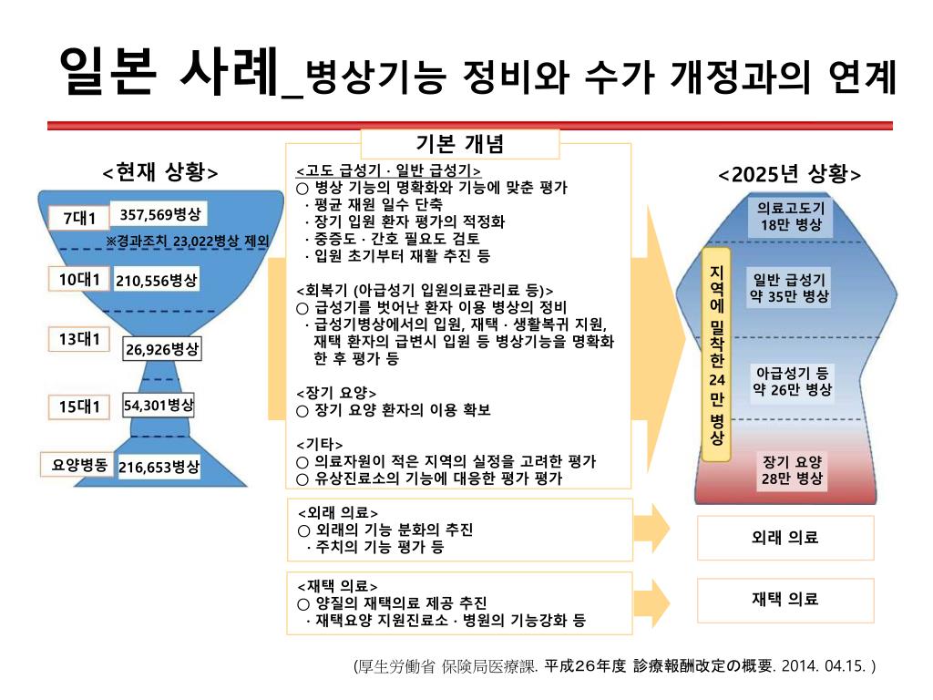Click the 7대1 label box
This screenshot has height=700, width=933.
[x=79, y=219]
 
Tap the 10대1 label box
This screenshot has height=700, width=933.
[x=79, y=280]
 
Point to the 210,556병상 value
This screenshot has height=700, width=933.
[x=157, y=281]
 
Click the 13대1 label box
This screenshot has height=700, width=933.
[x=79, y=340]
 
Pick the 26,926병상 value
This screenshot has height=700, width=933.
[x=163, y=349]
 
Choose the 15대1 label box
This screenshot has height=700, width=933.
[x=79, y=407]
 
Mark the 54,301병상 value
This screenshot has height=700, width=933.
[x=159, y=406]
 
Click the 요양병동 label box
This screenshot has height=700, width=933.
[x=79, y=465]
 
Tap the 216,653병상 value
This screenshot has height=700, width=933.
[x=159, y=467]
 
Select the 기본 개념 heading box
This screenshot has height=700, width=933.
[x=460, y=144]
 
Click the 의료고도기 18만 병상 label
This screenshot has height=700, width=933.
[x=791, y=216]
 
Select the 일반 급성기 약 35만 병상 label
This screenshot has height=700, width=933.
[x=789, y=288]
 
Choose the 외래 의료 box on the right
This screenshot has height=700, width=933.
[x=784, y=538]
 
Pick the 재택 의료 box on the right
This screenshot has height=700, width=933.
[x=784, y=599]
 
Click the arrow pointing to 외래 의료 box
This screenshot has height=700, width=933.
[x=654, y=530]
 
